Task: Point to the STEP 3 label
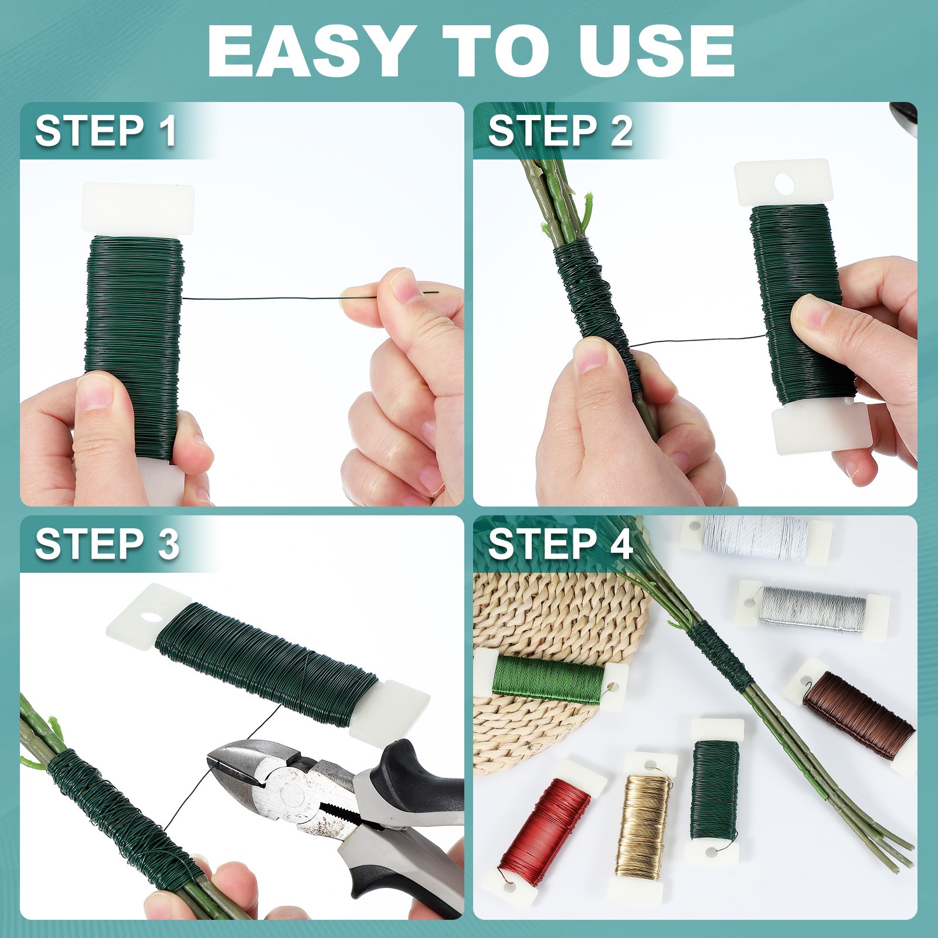[107, 543]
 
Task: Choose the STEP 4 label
[560, 543]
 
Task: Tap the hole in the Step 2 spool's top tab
[784, 184]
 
